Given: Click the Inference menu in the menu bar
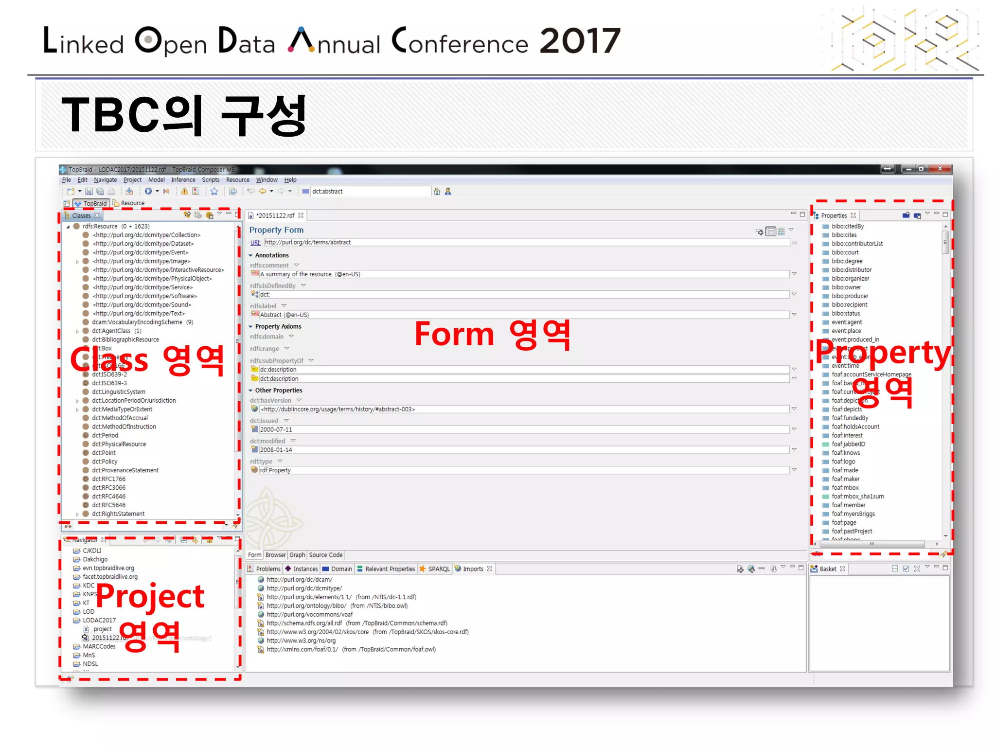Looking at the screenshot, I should [183, 180].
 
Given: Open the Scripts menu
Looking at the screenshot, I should [211, 180].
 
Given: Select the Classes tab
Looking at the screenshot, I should [81, 215].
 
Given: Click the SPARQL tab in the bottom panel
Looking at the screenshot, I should [439, 569].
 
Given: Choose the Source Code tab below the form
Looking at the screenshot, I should [325, 555].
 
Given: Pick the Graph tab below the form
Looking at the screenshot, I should [297, 555].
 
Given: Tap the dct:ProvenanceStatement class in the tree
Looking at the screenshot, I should [125, 470].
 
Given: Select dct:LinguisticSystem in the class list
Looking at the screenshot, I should [118, 392].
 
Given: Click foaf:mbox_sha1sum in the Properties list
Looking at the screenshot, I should [857, 497].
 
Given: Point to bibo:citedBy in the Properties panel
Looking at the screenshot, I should [847, 227].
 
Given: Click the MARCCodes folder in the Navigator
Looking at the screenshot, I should [99, 646].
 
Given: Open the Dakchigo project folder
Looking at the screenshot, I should [95, 559].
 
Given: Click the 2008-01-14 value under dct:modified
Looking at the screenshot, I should [276, 450].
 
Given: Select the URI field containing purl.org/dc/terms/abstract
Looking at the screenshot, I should [525, 242].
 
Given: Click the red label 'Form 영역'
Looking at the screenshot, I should [492, 335].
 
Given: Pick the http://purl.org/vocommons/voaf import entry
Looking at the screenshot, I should [309, 614].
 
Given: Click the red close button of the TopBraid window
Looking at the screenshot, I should [940, 169].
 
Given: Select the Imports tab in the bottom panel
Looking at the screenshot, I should [473, 569].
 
